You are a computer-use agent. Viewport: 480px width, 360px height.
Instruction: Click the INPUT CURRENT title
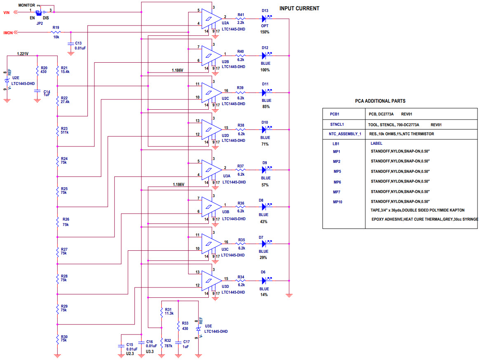(299, 8)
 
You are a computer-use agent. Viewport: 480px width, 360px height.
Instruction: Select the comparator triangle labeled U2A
(211, 18)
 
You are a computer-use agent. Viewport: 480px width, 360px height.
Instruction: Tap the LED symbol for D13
(266, 19)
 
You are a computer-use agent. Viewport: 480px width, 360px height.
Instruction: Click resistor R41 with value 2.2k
(240, 19)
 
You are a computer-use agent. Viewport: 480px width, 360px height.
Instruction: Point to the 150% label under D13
(265, 32)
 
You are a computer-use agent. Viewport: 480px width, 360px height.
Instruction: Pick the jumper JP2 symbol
(40, 12)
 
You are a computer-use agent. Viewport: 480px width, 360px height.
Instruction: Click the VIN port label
(7, 12)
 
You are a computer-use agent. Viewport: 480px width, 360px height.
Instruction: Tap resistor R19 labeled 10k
(56, 32)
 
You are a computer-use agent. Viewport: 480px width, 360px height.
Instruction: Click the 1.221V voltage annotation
(23, 54)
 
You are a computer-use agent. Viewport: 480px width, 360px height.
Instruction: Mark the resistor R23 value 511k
(65, 132)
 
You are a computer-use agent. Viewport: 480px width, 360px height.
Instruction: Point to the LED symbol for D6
(265, 281)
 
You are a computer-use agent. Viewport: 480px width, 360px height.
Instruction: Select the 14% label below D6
(264, 294)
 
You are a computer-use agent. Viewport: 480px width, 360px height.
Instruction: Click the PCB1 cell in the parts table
(334, 114)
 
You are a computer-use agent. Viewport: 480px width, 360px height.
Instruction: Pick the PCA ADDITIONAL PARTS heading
(380, 101)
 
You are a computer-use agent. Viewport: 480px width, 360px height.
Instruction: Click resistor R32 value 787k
(168, 346)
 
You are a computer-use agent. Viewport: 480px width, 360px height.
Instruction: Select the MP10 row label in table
(338, 202)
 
